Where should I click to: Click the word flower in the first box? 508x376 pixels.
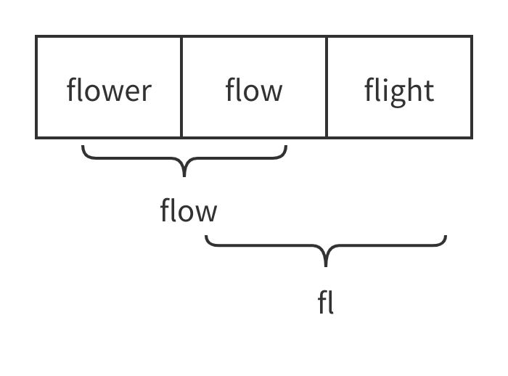click(109, 91)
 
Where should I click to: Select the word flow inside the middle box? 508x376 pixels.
click(254, 91)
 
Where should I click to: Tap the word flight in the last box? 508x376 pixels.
click(399, 91)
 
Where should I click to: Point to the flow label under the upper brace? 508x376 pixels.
click(189, 211)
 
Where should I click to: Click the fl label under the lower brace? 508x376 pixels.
click(326, 302)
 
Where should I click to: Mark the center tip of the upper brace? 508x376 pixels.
click(184, 175)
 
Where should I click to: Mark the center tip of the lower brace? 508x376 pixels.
click(326, 266)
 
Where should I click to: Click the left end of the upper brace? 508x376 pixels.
click(83, 147)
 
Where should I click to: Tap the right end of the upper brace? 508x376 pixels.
click(286, 147)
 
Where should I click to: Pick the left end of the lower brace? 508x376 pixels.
click(207, 237)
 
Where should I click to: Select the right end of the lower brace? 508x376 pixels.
click(445, 237)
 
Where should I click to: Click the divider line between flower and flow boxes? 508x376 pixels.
click(181, 86)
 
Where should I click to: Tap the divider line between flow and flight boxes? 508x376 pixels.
click(327, 86)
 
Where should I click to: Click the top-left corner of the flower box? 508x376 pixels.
click(36, 36)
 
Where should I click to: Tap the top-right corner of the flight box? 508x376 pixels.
click(472, 36)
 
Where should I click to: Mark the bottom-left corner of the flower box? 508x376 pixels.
click(36, 136)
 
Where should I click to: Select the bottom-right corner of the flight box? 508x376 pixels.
click(472, 136)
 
